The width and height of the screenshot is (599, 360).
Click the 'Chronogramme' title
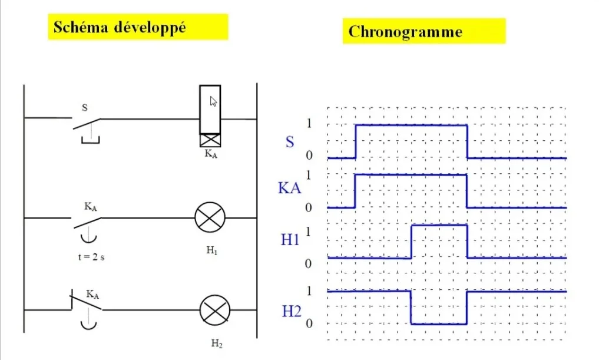coord(405,31)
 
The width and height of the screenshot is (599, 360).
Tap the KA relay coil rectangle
coord(210,110)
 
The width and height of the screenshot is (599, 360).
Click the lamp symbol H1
coord(210,218)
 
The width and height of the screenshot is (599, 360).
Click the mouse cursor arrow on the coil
coord(213,101)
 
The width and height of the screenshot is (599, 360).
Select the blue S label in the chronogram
coord(290,142)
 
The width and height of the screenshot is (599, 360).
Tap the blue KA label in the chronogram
coord(290,189)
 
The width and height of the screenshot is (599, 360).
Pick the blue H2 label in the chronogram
coord(292,311)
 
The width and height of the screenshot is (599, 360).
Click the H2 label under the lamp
coord(217,344)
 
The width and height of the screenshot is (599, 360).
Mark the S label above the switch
coord(85,108)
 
